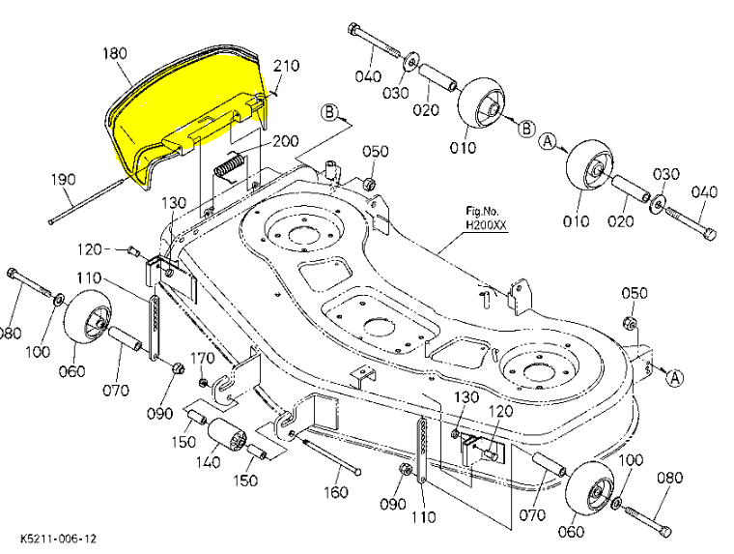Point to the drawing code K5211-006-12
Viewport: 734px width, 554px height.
coord(57,537)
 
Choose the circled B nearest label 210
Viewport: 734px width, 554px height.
coord(331,113)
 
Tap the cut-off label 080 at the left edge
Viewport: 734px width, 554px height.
coord(9,334)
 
